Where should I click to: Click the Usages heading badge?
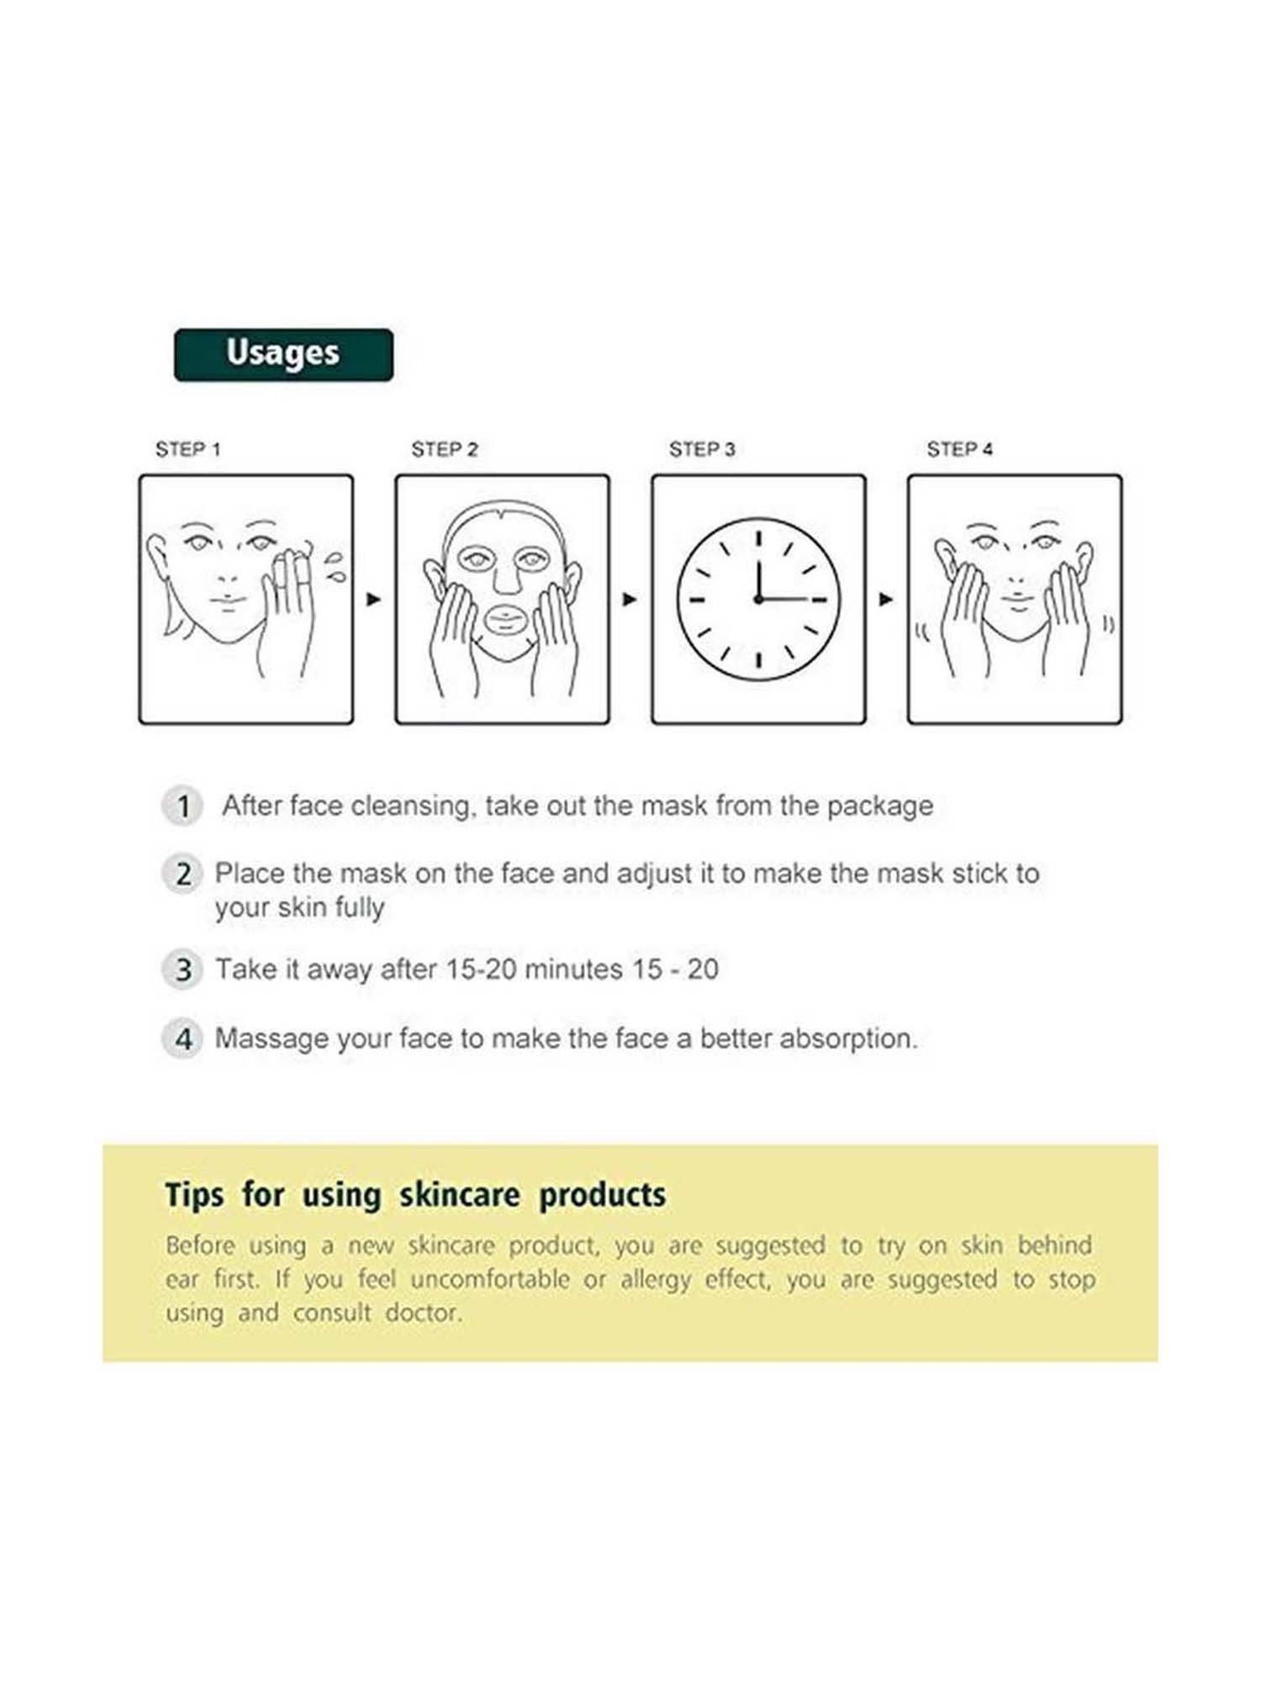[283, 355]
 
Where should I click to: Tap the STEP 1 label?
[187, 450]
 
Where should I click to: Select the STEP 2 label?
[445, 450]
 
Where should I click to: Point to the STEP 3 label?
[702, 450]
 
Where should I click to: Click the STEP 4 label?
[959, 450]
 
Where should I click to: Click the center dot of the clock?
[758, 600]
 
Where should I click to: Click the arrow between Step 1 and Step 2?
[374, 600]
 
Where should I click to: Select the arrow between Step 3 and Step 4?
[886, 600]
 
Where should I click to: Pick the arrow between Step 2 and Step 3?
[630, 600]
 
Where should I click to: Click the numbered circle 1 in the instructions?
[182, 807]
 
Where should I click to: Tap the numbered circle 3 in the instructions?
[182, 970]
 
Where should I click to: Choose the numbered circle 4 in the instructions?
[182, 1039]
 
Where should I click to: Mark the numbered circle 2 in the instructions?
[182, 875]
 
